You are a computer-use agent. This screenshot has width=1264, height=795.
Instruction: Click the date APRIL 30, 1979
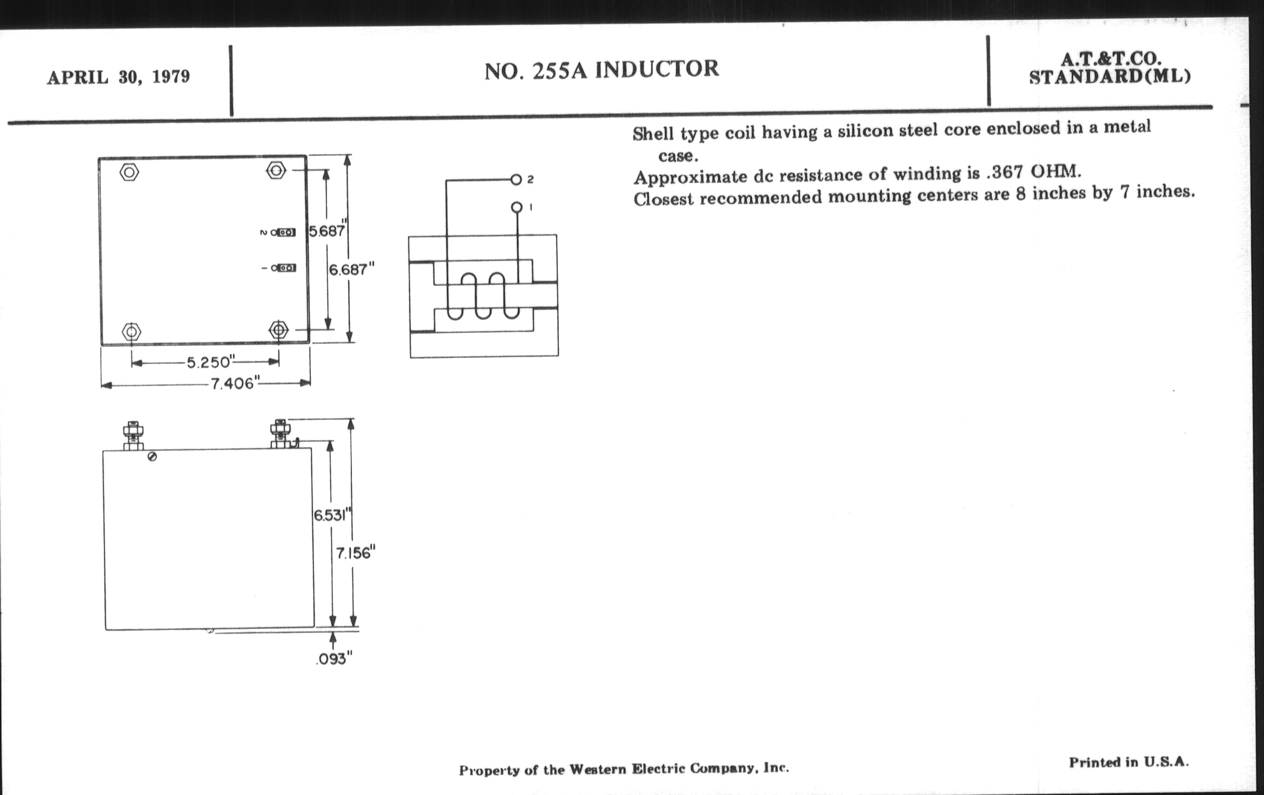click(118, 77)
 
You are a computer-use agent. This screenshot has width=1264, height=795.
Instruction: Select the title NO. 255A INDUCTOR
click(601, 70)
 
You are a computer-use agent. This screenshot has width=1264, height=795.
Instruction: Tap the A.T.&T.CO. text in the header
click(1110, 59)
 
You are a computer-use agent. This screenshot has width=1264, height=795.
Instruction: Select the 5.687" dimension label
click(326, 230)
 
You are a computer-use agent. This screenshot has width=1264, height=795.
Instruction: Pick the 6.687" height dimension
click(351, 269)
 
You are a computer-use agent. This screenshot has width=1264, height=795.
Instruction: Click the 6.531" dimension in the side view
click(332, 515)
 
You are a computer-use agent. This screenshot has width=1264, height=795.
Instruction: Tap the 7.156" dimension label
click(357, 553)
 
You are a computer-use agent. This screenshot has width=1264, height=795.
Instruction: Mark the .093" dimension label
click(334, 658)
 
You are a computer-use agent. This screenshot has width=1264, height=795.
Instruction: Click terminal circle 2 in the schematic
click(516, 180)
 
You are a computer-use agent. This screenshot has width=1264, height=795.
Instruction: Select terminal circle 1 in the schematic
click(517, 207)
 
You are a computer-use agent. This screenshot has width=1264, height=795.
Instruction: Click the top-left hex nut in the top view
click(129, 172)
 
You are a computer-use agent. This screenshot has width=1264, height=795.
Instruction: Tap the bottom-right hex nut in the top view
click(278, 330)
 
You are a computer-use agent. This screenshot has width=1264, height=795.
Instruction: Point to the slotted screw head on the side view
click(152, 457)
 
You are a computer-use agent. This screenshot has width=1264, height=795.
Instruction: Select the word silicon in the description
click(864, 130)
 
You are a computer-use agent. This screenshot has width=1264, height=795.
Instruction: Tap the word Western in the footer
click(598, 770)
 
